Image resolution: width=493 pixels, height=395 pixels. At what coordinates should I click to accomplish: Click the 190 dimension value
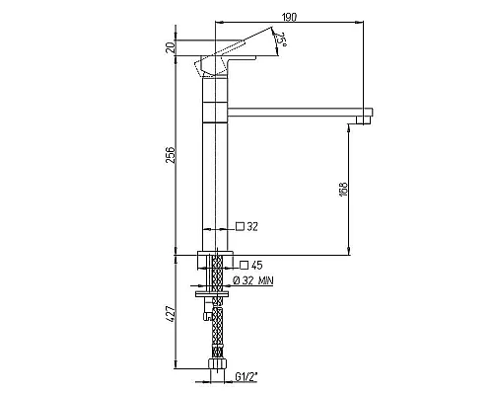[289, 17]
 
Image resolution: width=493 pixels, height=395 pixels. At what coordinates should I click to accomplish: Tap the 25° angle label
[281, 39]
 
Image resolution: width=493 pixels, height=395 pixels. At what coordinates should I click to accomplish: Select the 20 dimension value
[171, 48]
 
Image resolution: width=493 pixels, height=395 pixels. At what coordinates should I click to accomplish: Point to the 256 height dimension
[171, 154]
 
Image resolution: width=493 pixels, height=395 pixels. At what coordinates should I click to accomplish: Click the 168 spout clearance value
[343, 190]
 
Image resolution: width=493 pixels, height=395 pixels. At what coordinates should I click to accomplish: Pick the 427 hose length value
[171, 314]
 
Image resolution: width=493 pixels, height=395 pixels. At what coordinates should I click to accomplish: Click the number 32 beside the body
[252, 226]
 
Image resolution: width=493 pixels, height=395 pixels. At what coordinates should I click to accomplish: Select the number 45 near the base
[256, 265]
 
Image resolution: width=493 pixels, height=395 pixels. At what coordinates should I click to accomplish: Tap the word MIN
[266, 280]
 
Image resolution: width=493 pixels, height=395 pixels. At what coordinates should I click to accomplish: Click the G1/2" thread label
[246, 376]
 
